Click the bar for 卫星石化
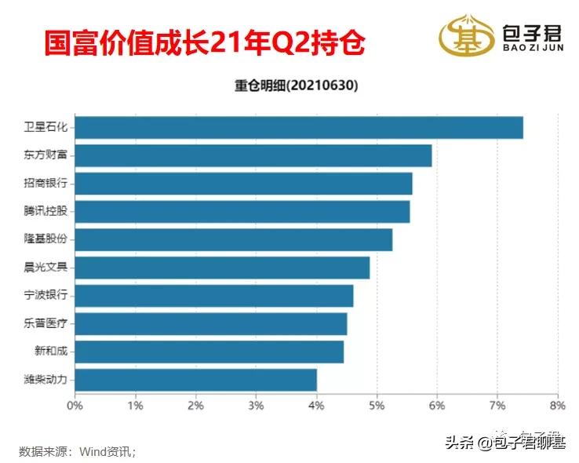point(299,127)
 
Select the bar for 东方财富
point(253,155)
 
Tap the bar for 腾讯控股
point(242,212)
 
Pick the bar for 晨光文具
point(223,268)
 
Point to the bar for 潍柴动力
point(196,380)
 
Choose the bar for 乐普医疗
point(211,324)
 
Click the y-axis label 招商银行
point(46,184)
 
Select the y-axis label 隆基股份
point(46,239)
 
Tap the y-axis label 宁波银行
point(46,296)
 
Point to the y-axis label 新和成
point(51,352)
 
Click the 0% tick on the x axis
point(75,406)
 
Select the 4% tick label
point(316,406)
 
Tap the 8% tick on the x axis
point(557,406)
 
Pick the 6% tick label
point(437,406)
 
